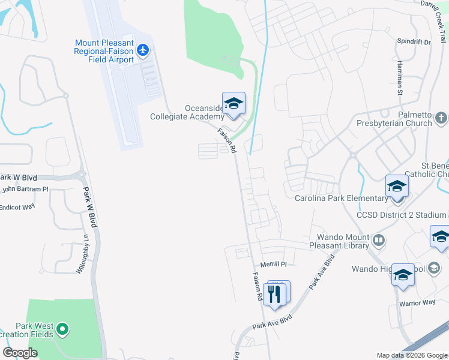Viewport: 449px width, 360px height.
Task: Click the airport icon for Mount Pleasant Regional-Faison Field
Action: click(143, 49)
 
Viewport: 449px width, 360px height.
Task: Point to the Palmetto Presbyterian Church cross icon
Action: click(442, 118)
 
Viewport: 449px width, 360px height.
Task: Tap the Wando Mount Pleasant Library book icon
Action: click(379, 241)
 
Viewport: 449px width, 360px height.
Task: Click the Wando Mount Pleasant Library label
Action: click(339, 241)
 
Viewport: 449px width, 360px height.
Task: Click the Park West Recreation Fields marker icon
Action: click(62, 329)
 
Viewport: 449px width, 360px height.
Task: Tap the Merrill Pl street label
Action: click(274, 264)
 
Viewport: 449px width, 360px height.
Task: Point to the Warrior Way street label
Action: click(417, 302)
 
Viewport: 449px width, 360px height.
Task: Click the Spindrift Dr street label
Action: click(414, 42)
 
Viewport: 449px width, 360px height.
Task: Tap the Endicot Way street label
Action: click(18, 207)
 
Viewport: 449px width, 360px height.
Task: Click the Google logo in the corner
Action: click(20, 353)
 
